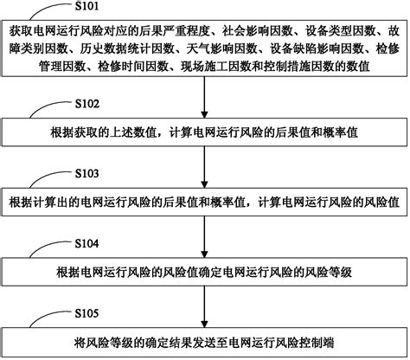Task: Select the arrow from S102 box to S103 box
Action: (204, 169)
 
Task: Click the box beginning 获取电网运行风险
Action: (204, 52)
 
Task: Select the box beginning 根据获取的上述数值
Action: (204, 133)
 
